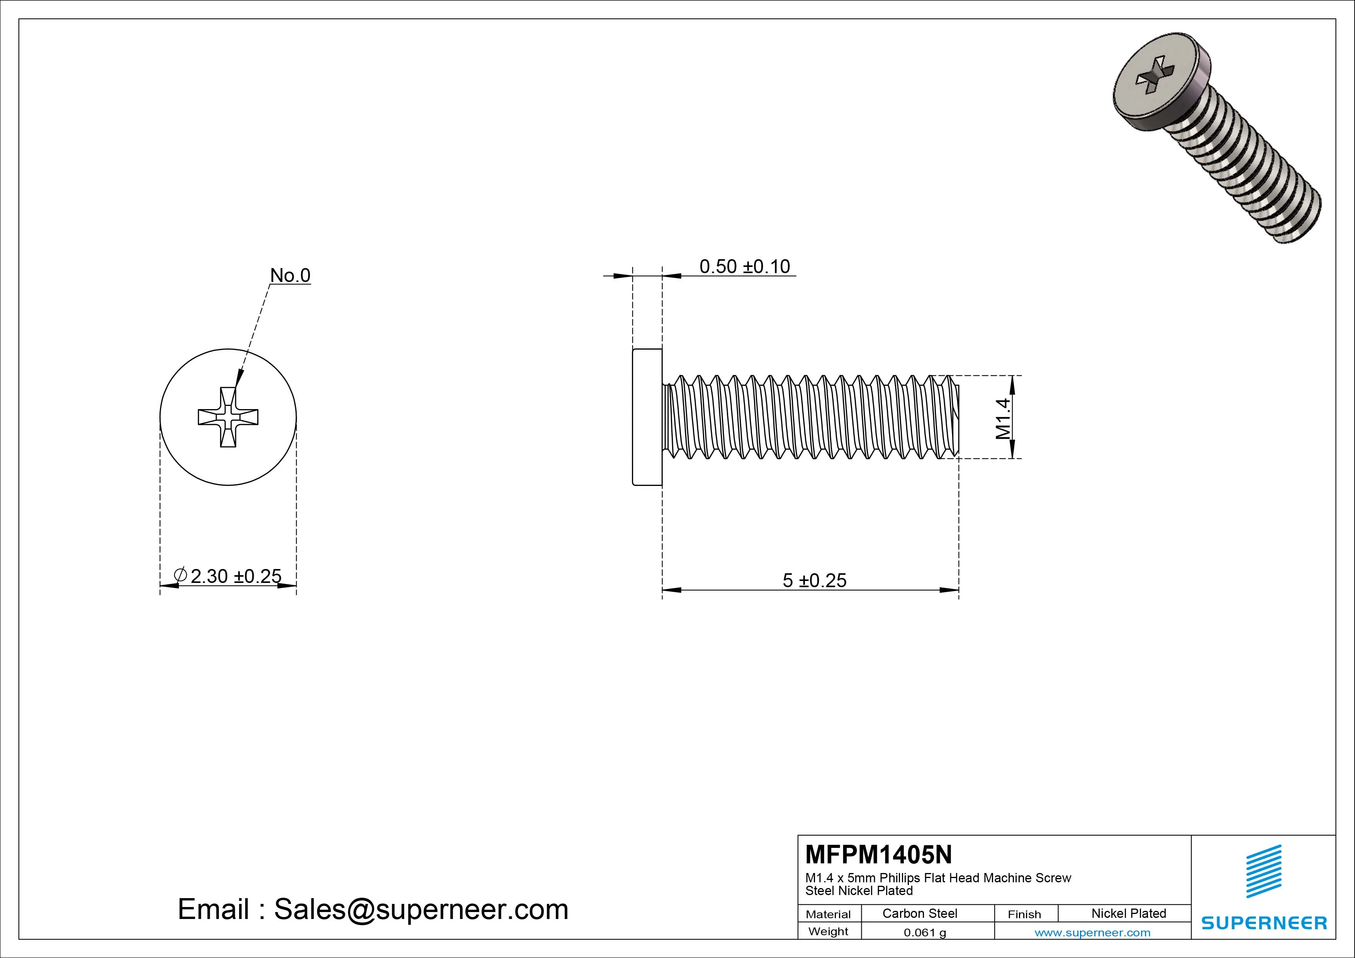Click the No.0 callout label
[290, 276]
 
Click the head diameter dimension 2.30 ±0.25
[236, 576]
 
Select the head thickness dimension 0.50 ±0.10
[744, 267]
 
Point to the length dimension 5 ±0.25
[814, 581]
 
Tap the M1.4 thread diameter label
[1003, 418]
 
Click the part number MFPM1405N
[878, 855]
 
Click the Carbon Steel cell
[919, 914]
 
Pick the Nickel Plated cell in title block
[1128, 914]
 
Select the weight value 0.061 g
[925, 933]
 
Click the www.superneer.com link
[1092, 933]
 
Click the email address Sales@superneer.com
[421, 910]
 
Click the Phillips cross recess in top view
[228, 417]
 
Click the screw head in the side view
[647, 417]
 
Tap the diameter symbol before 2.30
[181, 575]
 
